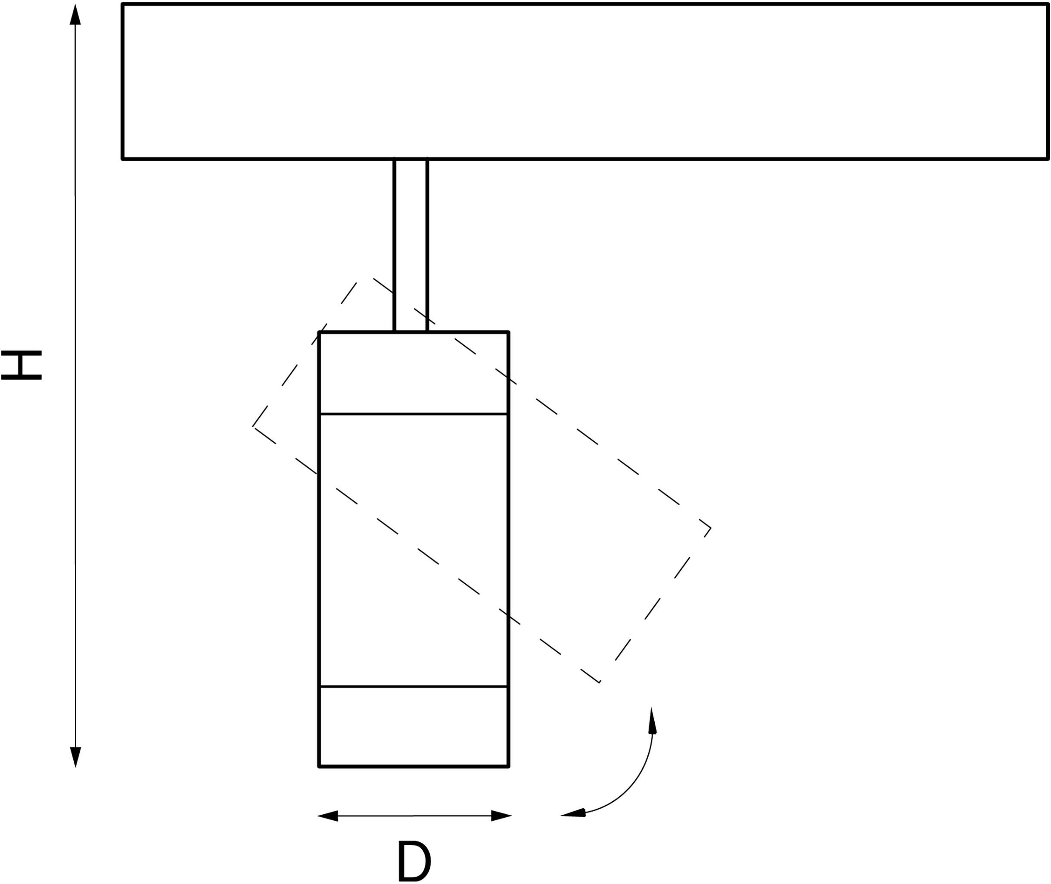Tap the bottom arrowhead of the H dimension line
click(75, 757)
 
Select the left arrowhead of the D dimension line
click(328, 816)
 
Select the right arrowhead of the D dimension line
click(501, 816)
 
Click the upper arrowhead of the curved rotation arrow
click(652, 722)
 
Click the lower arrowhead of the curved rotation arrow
click(573, 813)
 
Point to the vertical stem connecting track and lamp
click(410, 245)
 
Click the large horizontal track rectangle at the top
click(585, 81)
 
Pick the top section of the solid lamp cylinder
click(414, 373)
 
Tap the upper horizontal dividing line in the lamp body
click(414, 414)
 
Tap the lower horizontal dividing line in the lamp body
click(414, 686)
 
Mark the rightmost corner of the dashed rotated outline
click(711, 528)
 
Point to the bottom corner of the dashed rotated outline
click(600, 682)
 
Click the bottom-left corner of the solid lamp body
click(319, 766)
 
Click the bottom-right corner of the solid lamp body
click(508, 766)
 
